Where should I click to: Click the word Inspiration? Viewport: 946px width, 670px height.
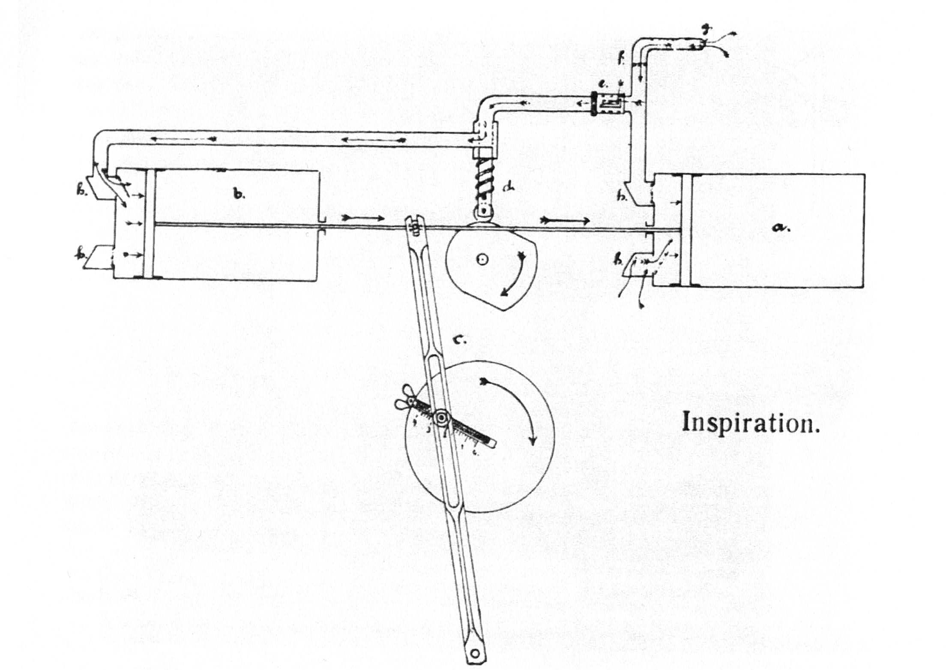pyautogui.click(x=750, y=422)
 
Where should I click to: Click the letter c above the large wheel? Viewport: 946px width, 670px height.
pyautogui.click(x=459, y=340)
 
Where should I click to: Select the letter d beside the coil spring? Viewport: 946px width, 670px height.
pyautogui.click(x=508, y=186)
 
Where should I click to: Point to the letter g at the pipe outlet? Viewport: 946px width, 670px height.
pyautogui.click(x=706, y=30)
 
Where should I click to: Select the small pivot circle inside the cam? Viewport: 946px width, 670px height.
pyautogui.click(x=483, y=259)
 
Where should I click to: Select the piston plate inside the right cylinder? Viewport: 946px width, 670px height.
pyautogui.click(x=686, y=230)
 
